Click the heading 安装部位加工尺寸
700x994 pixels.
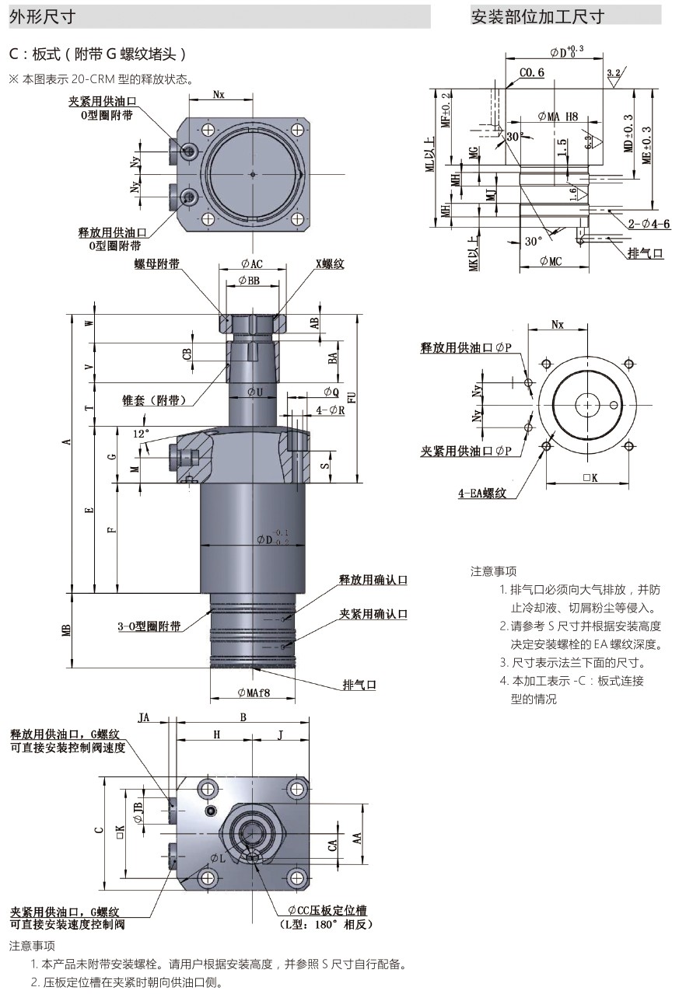click(x=537, y=16)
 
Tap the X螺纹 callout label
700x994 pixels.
click(x=329, y=264)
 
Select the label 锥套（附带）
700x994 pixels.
click(x=154, y=400)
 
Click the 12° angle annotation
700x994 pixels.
click(x=140, y=433)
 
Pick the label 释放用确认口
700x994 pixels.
click(x=373, y=580)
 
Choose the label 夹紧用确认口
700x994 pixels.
click(x=373, y=614)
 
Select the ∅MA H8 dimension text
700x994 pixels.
click(x=558, y=117)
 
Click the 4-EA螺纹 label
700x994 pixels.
click(x=482, y=493)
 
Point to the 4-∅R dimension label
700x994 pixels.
click(x=331, y=410)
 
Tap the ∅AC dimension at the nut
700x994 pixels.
click(x=251, y=264)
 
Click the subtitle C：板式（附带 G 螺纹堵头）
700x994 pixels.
click(x=98, y=54)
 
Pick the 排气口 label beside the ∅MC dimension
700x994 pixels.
click(x=646, y=254)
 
